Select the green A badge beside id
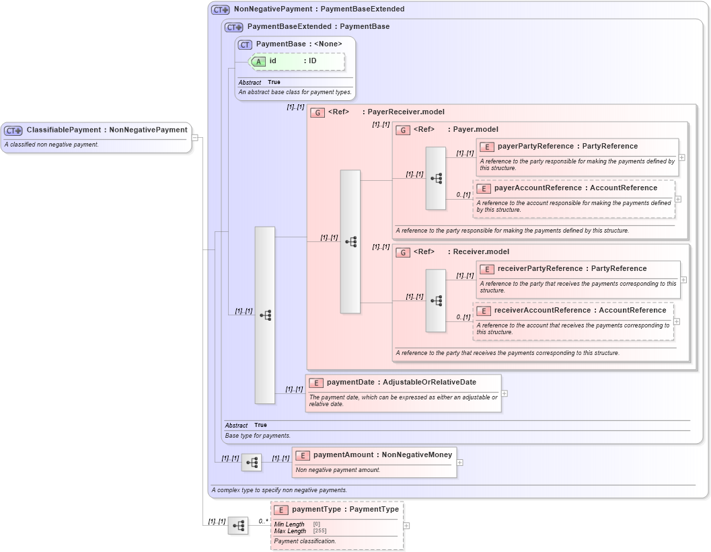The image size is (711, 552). (259, 61)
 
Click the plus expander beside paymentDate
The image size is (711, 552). (504, 393)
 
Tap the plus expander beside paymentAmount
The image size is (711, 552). (459, 463)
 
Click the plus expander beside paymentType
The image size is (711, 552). (406, 526)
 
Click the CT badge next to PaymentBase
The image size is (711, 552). (245, 44)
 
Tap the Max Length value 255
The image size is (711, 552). (320, 531)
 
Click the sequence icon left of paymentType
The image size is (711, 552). (238, 526)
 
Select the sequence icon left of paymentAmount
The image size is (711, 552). (252, 463)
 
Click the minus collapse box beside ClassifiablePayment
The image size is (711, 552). (195, 137)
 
